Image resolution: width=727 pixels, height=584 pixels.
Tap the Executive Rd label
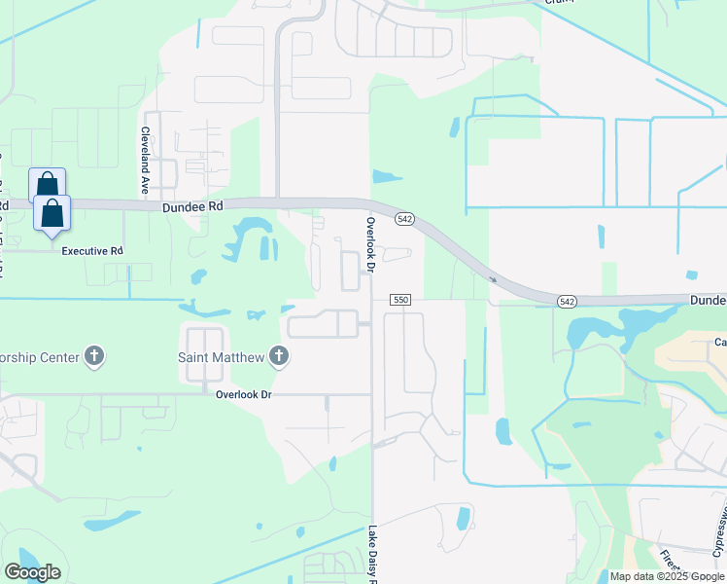point(92,251)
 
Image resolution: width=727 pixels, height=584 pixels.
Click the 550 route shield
point(400,300)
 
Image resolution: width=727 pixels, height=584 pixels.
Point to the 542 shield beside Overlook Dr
point(405,219)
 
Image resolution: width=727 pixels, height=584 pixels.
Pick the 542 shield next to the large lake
point(568,302)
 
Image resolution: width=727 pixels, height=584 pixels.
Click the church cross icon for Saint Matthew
point(279,356)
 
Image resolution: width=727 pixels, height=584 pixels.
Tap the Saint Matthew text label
point(221,357)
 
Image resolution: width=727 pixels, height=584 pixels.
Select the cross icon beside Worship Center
point(94,356)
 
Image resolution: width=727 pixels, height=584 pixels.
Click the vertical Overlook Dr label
point(370,243)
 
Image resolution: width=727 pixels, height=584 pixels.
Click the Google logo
point(32,572)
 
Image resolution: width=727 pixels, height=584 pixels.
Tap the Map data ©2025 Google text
point(666,576)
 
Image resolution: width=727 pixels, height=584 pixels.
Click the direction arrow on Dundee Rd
point(494,279)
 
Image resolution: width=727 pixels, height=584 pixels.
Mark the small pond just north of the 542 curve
point(387,177)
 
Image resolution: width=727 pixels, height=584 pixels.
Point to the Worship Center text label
point(40,357)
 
